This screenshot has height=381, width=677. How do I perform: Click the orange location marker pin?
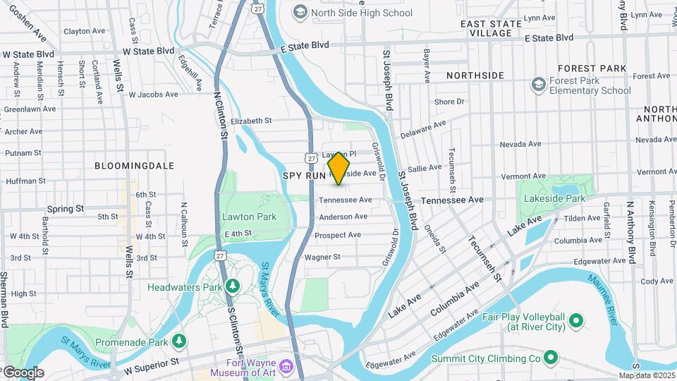click(339, 168)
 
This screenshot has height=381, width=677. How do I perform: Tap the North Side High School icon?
click(301, 12)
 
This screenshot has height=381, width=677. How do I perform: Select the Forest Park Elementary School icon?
click(539, 85)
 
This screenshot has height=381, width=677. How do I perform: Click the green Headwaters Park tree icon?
click(232, 286)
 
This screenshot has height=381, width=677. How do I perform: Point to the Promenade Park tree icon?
click(180, 341)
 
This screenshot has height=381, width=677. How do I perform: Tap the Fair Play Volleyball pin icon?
click(576, 322)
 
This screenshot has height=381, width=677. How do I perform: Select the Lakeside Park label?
click(554, 199)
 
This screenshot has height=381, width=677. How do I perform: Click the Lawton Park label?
click(249, 217)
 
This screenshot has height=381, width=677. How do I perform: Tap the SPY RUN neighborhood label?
click(304, 175)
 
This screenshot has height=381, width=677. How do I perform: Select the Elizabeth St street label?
click(245, 121)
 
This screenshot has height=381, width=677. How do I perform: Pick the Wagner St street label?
click(322, 258)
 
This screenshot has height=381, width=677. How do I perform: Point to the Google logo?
click(23, 372)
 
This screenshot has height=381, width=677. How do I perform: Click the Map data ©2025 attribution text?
click(646, 375)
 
